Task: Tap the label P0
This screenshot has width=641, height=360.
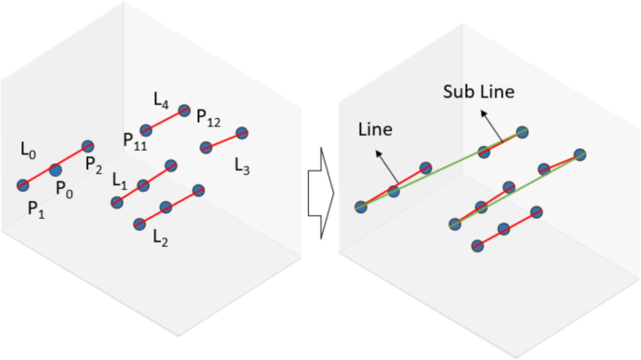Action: pos(64,190)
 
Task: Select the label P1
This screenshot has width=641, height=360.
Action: pos(36,208)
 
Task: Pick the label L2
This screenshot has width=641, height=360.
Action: pos(161,238)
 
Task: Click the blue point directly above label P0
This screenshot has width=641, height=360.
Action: pos(55,169)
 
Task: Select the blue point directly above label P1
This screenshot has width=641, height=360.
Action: pos(23,185)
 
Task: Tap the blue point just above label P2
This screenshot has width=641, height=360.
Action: pos(88,146)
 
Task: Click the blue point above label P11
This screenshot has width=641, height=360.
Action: pos(146,130)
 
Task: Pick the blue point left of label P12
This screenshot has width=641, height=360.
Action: pos(184,110)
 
